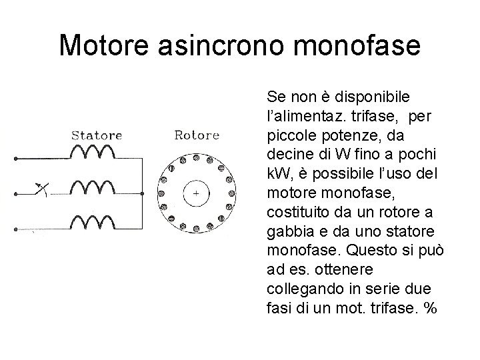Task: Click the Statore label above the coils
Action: coord(97,135)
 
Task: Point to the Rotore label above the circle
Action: coord(197,135)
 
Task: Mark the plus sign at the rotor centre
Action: coord(196,194)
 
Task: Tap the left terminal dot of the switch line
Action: coord(15,195)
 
